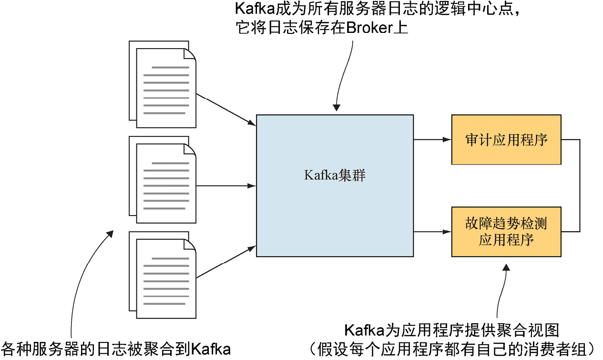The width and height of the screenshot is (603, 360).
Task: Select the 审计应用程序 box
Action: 506,140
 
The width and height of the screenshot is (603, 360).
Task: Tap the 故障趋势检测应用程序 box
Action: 506,232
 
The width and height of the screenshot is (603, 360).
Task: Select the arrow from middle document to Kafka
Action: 226,186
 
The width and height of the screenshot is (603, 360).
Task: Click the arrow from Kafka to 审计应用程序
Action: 432,140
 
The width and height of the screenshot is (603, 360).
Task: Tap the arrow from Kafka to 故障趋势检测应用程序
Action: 432,232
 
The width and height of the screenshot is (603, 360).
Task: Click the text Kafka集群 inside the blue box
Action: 335,175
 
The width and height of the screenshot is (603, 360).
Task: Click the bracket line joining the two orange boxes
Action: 579,186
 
